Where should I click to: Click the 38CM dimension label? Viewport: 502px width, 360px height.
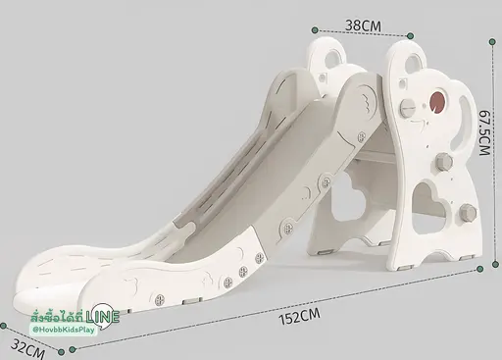[363, 26]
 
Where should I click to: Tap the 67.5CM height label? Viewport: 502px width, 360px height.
[485, 132]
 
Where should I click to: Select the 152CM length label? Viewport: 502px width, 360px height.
[299, 316]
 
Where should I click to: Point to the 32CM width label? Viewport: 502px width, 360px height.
[27, 349]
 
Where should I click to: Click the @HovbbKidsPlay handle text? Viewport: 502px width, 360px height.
[64, 330]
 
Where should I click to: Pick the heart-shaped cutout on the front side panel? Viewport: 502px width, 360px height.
[427, 208]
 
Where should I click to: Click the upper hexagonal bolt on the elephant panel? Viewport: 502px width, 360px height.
[444, 162]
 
